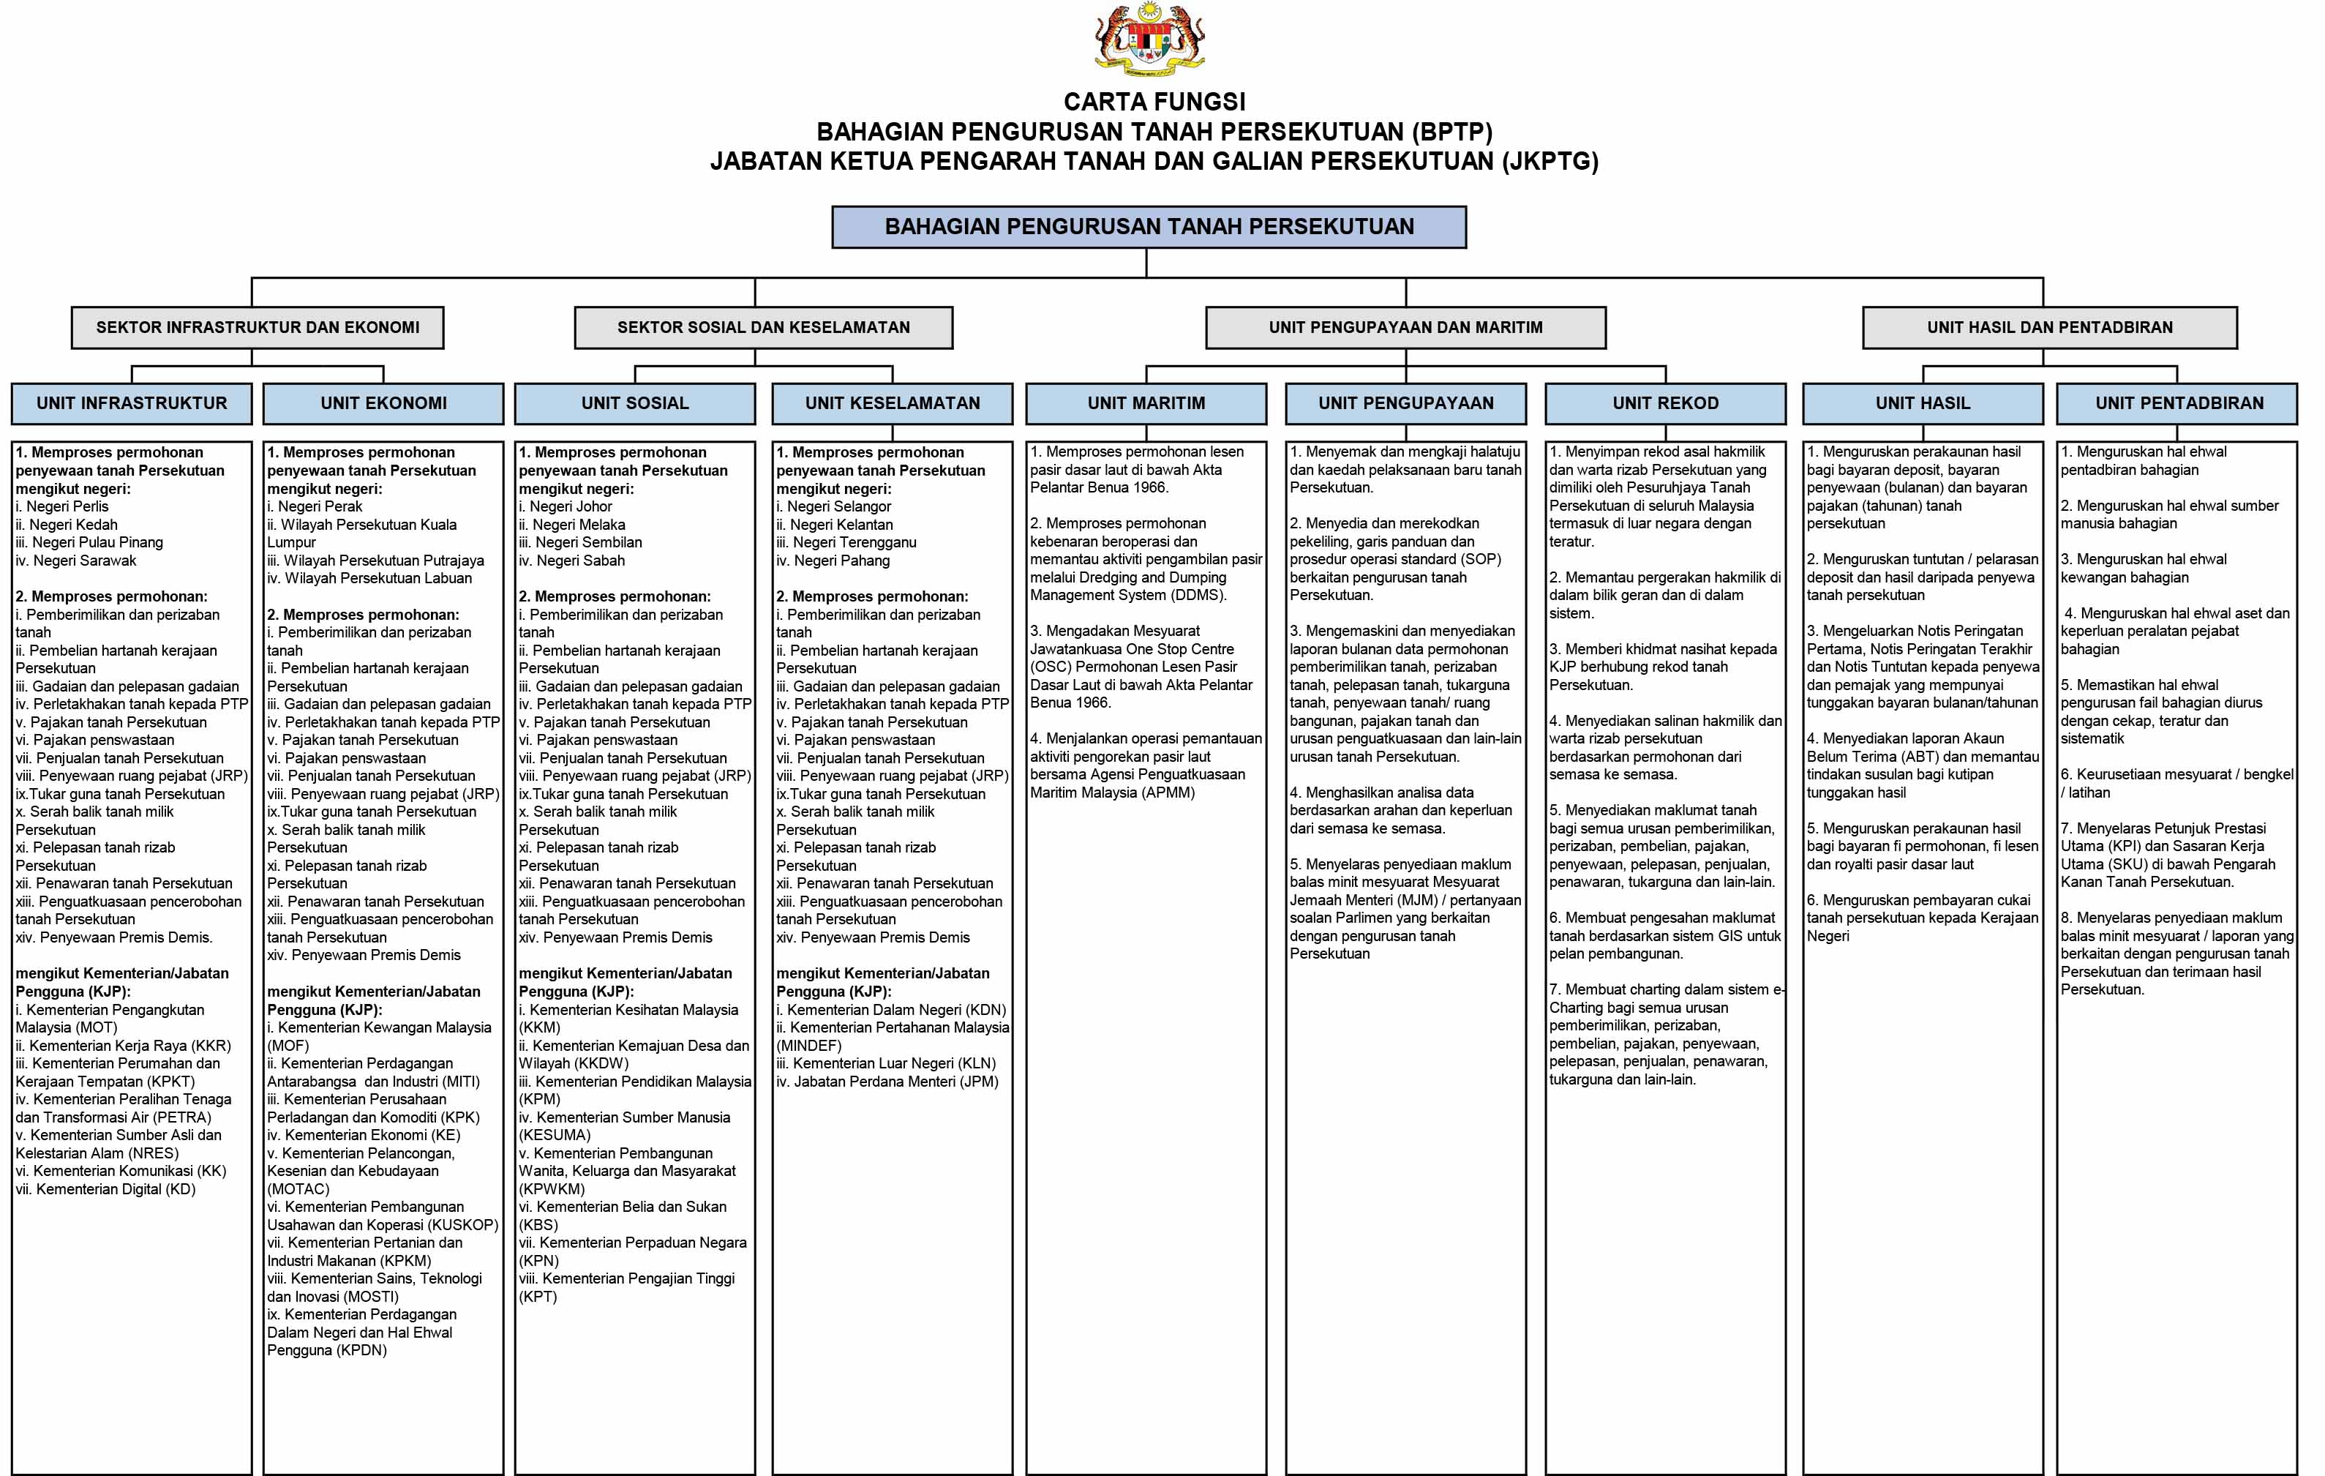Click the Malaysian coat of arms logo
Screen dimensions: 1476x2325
pyautogui.click(x=1149, y=40)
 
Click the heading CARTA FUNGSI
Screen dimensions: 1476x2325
pyautogui.click(x=1154, y=102)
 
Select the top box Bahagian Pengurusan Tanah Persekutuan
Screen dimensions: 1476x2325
pyautogui.click(x=1149, y=227)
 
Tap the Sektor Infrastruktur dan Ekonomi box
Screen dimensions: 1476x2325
pyautogui.click(x=258, y=327)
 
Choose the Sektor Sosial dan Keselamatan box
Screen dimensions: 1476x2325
pyautogui.click(x=763, y=327)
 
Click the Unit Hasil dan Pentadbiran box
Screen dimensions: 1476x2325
pyautogui.click(x=2049, y=327)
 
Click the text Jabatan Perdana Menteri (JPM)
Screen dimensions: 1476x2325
pyautogui.click(x=894, y=1082)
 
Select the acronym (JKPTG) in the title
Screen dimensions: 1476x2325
pyautogui.click(x=1550, y=161)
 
